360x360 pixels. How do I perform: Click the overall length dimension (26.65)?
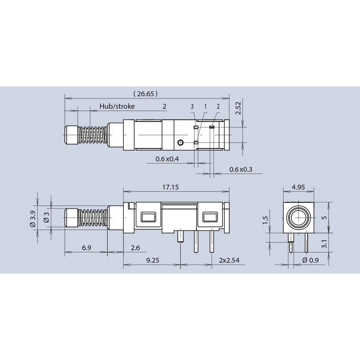[x=145, y=94]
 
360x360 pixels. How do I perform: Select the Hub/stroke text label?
[x=117, y=106]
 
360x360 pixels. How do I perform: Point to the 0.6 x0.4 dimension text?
[x=167, y=159]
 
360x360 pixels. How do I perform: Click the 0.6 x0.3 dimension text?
[x=240, y=169]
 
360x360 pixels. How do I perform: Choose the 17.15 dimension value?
[x=171, y=187]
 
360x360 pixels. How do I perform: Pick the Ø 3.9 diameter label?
[x=33, y=219]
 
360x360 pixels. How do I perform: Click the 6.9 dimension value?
[x=86, y=248]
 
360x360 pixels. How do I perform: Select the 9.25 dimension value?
[x=153, y=261]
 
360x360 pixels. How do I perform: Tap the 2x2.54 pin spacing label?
[x=229, y=261]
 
